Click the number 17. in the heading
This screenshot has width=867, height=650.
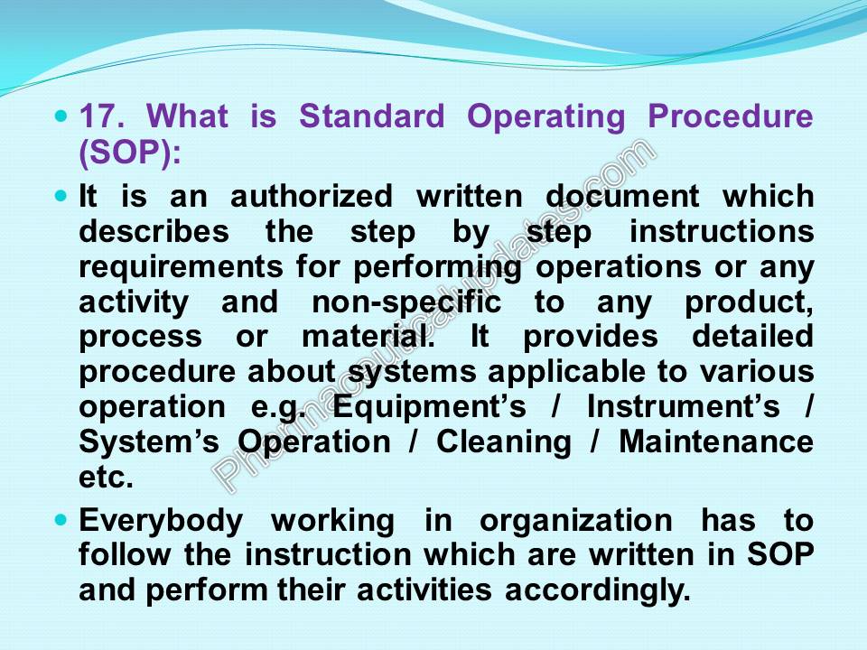tap(101, 116)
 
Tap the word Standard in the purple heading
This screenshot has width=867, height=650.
tap(371, 116)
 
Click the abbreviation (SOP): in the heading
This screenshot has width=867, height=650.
tap(130, 152)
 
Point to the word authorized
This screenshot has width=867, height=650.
tap(312, 196)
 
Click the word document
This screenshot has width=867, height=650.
tap(622, 196)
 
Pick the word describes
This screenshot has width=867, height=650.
tap(154, 231)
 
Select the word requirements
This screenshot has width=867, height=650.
tap(181, 267)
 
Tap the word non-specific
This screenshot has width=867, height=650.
tap(406, 303)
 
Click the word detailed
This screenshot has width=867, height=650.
tap(752, 336)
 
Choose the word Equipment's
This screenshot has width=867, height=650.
tap(429, 408)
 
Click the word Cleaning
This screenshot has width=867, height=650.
tap(504, 443)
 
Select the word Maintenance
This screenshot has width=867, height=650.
tap(716, 441)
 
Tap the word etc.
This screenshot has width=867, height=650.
tap(106, 478)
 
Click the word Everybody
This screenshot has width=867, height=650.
tap(161, 522)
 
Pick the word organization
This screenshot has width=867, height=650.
tap(575, 522)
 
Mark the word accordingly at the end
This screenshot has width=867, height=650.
tap(598, 590)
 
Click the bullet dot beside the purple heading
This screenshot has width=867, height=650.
tap(61, 116)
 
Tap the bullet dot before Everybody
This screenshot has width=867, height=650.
tap(61, 520)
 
